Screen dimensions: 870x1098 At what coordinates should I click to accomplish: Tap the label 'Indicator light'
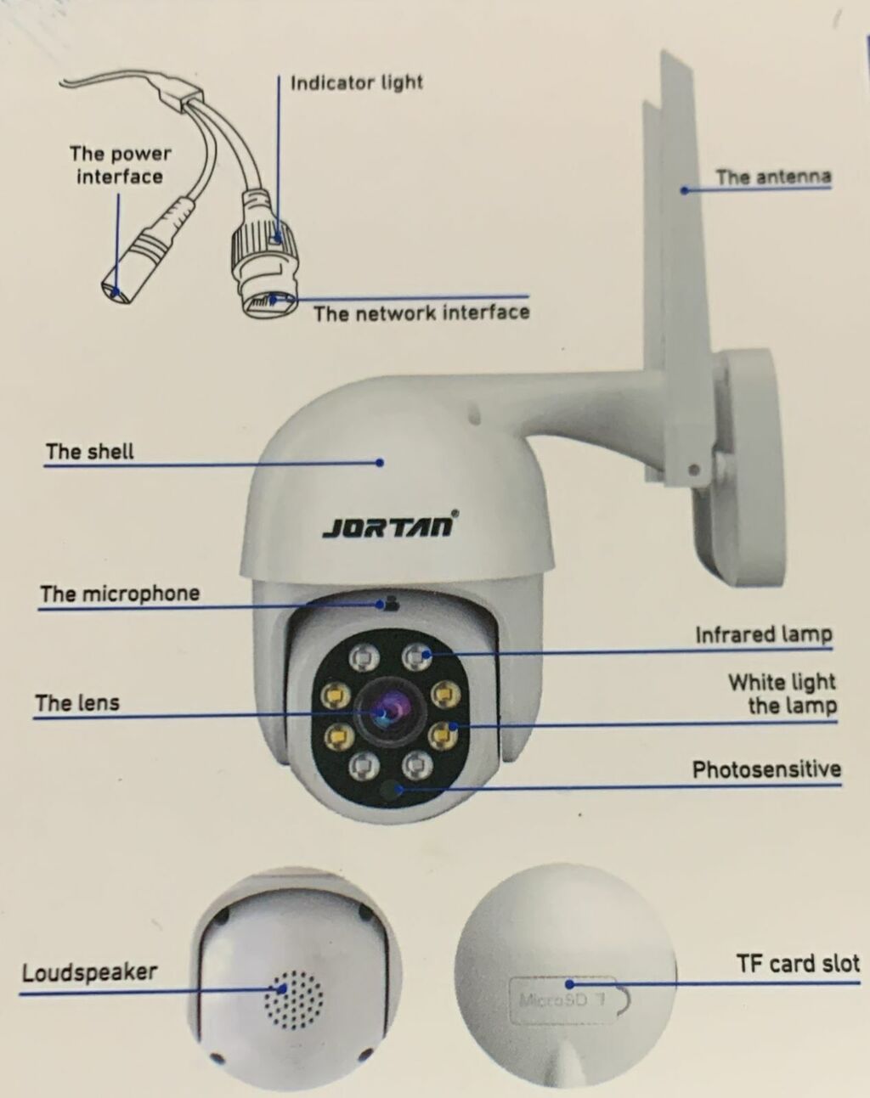coord(357,82)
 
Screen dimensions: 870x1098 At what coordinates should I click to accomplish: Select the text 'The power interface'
coord(120,165)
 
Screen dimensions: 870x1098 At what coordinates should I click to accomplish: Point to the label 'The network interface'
coord(421,313)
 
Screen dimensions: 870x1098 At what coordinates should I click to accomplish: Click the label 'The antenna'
coord(773,177)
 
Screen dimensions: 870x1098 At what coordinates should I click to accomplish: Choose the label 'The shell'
coord(90,452)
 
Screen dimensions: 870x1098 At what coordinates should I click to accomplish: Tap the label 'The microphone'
coord(120,594)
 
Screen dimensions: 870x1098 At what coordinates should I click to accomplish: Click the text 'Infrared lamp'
coord(764,634)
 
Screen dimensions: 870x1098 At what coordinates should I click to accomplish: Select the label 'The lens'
coord(77,703)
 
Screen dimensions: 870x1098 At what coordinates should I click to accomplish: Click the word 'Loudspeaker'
coord(89,972)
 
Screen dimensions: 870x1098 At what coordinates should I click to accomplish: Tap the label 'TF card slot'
coord(798,964)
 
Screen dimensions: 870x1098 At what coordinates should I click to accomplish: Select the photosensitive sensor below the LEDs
coord(391,790)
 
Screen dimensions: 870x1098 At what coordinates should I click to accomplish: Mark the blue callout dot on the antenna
coord(684,191)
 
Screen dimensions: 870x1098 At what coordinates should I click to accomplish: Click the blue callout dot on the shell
coord(379,463)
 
